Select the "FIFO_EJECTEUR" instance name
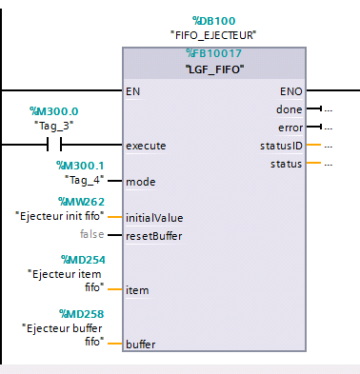213,35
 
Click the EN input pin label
133,91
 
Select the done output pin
290,109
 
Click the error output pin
290,128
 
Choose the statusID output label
281,146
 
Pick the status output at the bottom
287,164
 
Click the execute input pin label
146,146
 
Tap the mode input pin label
140,181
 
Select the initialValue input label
153,217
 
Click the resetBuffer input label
154,234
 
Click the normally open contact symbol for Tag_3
54,145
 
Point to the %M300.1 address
80,166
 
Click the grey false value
91,234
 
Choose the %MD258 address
81,313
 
